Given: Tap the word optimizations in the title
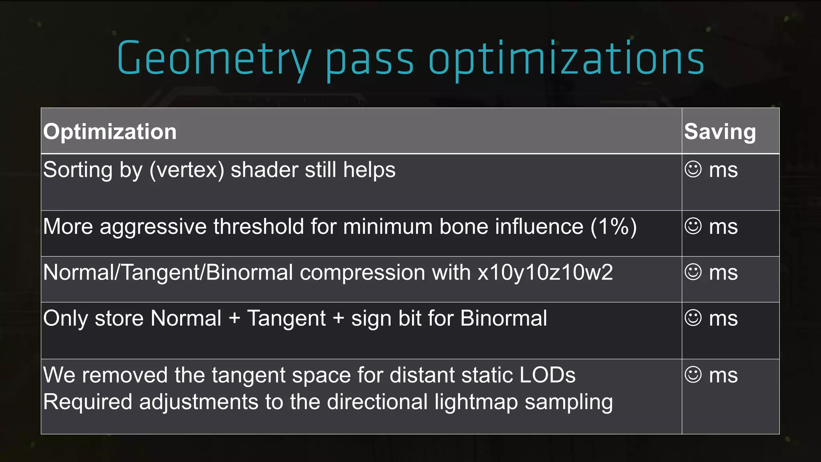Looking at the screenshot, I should point(566,59).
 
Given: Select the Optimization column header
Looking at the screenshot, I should point(110,132).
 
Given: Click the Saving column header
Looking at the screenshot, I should point(720,132).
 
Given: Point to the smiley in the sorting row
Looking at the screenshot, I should point(693,169).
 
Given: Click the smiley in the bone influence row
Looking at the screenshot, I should point(693,226).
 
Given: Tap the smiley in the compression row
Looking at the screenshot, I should point(693,272).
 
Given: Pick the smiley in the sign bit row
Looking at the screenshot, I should point(693,318).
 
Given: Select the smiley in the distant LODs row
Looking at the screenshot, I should point(693,375).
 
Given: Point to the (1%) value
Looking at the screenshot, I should point(613,227).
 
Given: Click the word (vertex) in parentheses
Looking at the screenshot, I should point(187,170).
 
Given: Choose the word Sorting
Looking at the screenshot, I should point(78,170).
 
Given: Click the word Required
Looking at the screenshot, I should point(87,402).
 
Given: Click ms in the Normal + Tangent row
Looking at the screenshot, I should point(723,318).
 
